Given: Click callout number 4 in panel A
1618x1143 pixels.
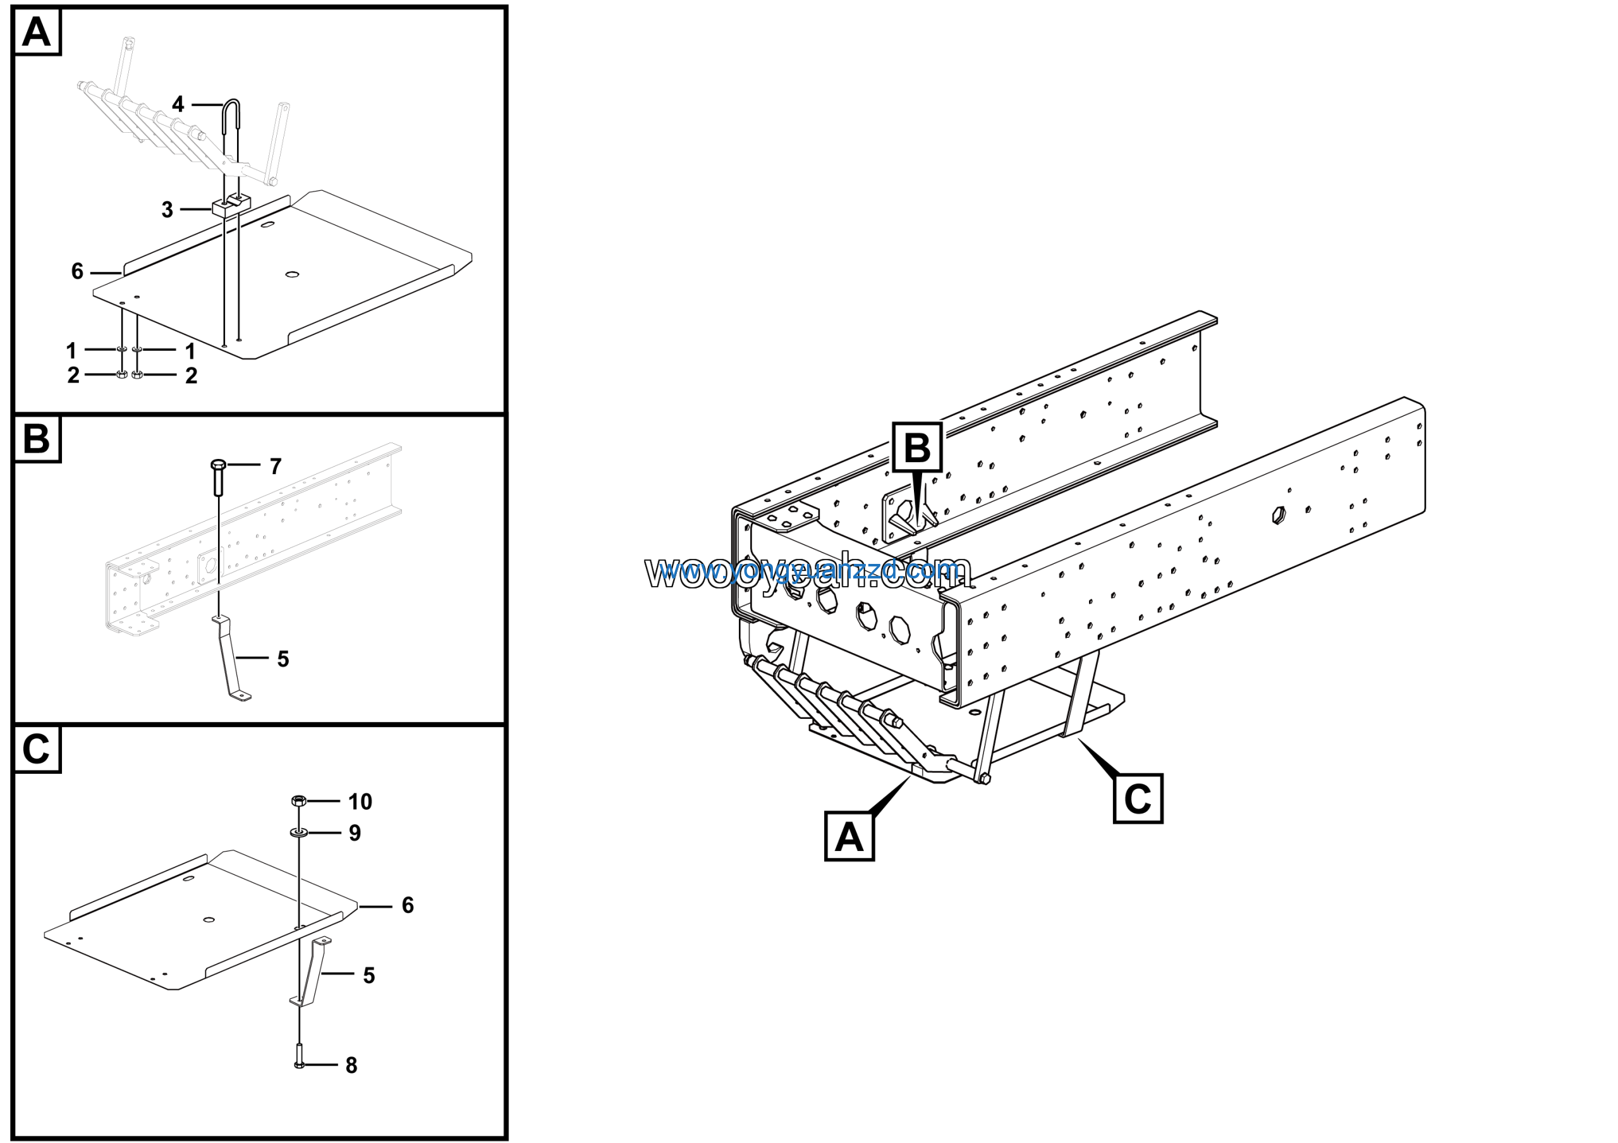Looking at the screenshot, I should tap(178, 105).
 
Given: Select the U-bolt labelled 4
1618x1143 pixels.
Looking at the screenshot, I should tap(231, 119).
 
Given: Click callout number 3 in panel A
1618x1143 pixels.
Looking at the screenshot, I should tap(167, 210).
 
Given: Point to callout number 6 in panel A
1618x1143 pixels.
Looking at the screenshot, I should tap(78, 271).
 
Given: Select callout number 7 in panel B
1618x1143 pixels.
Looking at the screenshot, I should tap(276, 467).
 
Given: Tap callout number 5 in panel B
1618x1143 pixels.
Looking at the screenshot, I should tap(283, 659).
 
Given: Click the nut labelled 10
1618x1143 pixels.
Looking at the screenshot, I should tap(298, 800).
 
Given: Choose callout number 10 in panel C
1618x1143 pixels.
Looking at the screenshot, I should tap(360, 802).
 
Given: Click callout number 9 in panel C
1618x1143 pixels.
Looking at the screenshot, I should tap(355, 834).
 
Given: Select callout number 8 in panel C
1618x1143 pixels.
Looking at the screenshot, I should tap(351, 1065).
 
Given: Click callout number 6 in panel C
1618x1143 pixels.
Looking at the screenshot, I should tap(407, 905).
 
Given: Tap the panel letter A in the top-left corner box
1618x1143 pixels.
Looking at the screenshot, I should tap(37, 32).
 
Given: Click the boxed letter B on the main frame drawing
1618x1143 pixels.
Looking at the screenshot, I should tap(917, 448).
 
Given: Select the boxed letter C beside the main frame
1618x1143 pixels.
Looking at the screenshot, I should tap(1138, 799).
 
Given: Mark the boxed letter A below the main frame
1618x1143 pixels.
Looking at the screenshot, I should tap(849, 837).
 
